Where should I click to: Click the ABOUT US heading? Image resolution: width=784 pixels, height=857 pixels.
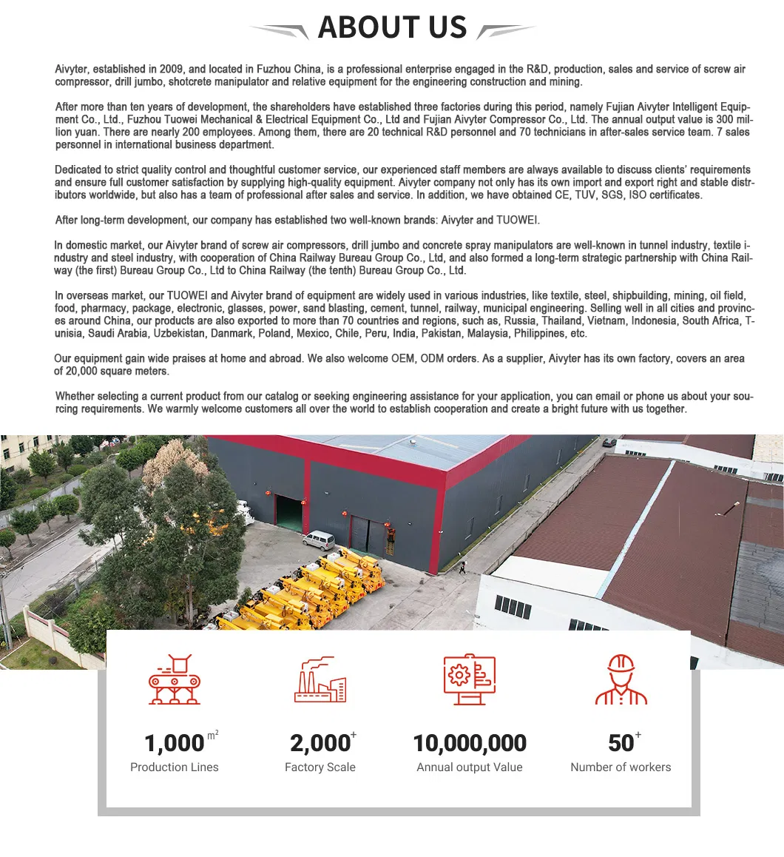pos(392,28)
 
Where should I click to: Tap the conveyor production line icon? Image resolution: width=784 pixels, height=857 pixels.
pos(175,679)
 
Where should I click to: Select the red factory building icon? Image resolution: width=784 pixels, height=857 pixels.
pos(320,679)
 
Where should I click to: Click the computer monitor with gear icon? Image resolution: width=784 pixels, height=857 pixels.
pos(469,679)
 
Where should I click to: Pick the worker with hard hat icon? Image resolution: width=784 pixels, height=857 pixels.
pos(621,679)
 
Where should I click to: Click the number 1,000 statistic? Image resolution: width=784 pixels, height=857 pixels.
pos(175,742)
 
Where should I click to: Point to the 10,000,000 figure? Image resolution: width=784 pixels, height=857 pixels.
pos(470,742)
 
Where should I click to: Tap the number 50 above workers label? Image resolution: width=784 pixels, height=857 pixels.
pos(621,742)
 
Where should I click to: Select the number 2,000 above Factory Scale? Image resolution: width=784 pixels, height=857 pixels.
pos(320,742)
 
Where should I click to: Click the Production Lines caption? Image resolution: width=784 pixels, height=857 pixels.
pos(175,767)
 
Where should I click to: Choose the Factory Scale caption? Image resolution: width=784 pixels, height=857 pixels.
pos(320,767)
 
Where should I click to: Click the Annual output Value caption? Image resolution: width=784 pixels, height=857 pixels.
pos(470,767)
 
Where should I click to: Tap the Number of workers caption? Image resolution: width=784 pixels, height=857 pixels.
pos(621,767)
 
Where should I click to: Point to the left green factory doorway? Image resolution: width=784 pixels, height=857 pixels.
pos(288,513)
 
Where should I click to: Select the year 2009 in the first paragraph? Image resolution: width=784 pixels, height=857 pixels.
pos(171,70)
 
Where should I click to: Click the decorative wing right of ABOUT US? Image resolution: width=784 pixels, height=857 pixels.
pos(506,30)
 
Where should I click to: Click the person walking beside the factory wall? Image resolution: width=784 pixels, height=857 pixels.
pos(462,568)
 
